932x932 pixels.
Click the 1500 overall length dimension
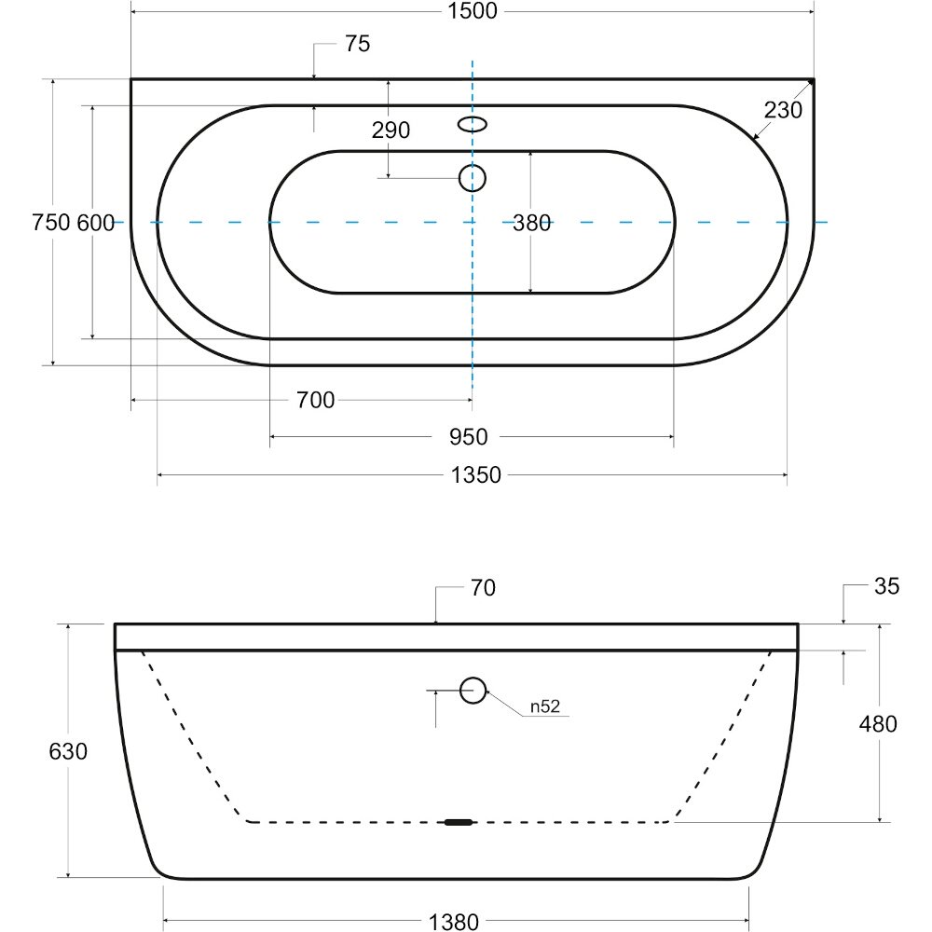[x=472, y=10]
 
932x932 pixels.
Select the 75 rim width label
[x=357, y=44]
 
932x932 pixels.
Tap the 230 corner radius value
[x=783, y=110]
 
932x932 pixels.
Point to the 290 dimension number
[x=391, y=130]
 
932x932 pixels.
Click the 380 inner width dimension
[x=531, y=223]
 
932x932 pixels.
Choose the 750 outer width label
[x=51, y=223]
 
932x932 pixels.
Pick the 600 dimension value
[x=96, y=223]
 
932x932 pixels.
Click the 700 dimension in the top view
[x=315, y=400]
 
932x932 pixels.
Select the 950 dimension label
[x=469, y=437]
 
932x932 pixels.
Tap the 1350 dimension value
[x=475, y=475]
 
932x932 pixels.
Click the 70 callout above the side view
[x=483, y=588]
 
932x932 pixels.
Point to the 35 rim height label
[x=887, y=586]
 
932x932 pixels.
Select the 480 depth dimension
[x=878, y=724]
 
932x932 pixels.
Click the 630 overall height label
[x=68, y=751]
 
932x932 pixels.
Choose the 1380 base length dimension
[x=454, y=922]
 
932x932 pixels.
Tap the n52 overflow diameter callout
[x=545, y=706]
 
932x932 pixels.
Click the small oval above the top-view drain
[x=473, y=124]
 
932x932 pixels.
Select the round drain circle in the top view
[x=473, y=178]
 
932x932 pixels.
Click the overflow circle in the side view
[x=473, y=690]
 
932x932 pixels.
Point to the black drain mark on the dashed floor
[x=459, y=823]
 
